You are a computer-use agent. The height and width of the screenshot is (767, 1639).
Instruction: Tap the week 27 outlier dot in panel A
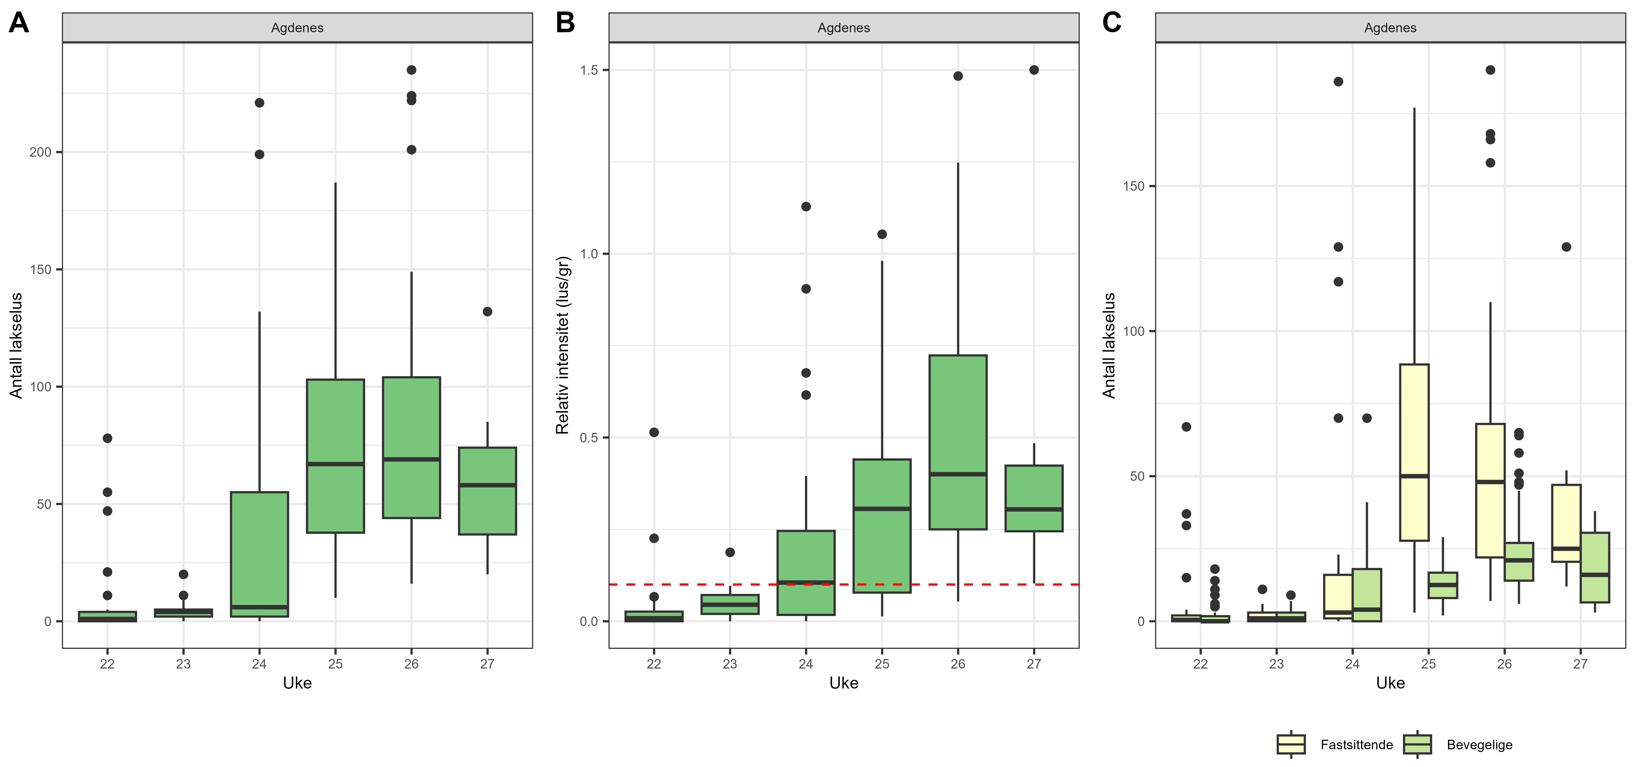pyautogui.click(x=487, y=312)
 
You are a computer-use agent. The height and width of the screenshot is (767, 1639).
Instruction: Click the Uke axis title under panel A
pyautogui.click(x=297, y=683)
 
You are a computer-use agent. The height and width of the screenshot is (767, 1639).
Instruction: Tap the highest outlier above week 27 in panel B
pyautogui.click(x=1034, y=70)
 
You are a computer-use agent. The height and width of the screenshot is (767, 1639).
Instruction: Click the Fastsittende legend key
pyautogui.click(x=1291, y=744)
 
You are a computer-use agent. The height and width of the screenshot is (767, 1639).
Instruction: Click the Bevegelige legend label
pyautogui.click(x=1479, y=745)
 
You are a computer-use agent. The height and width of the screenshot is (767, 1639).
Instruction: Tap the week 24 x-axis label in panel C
pyautogui.click(x=1352, y=664)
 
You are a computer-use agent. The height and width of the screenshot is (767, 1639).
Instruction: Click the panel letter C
pyautogui.click(x=1111, y=23)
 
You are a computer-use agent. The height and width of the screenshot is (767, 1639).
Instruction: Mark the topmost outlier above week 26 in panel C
pyautogui.click(x=1490, y=70)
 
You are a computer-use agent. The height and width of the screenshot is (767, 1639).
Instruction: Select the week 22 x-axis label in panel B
pyautogui.click(x=653, y=664)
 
